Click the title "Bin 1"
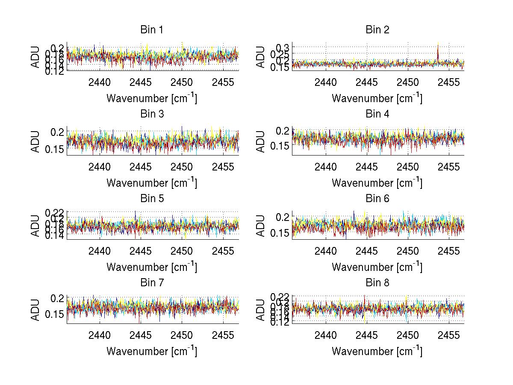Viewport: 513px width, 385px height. tap(152, 30)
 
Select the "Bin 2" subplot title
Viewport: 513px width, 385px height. tap(377, 30)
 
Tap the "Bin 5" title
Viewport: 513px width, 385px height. tap(152, 199)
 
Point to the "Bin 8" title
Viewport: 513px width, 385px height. tap(377, 283)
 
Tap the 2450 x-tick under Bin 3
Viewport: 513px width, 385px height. tap(182, 167)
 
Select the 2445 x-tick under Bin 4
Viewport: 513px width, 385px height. tap(366, 167)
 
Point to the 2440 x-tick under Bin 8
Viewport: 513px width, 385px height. tap(325, 335)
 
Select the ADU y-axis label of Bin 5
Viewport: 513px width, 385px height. tap(35, 225)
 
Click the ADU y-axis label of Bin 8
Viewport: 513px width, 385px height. tap(261, 310)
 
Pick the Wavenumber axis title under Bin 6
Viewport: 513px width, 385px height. tap(377, 267)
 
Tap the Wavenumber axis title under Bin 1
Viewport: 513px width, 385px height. tap(152, 98)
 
